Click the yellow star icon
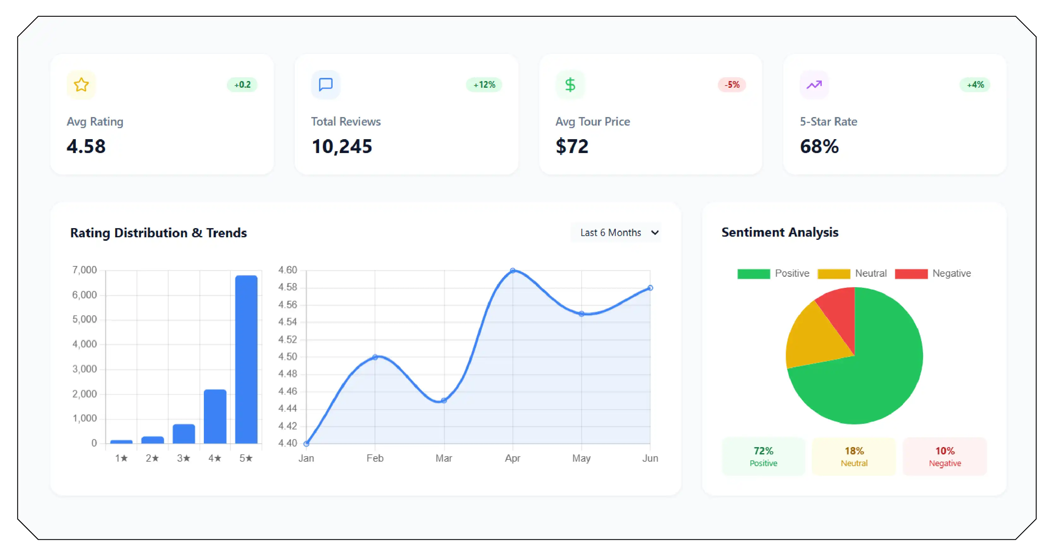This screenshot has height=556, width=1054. point(81,85)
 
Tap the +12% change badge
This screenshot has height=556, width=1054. point(484,85)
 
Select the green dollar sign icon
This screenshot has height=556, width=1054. point(570,85)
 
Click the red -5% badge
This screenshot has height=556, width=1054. point(732,85)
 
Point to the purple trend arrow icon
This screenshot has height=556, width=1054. point(814,85)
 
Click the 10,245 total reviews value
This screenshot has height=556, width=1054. point(342,146)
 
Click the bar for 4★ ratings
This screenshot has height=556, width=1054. point(215,416)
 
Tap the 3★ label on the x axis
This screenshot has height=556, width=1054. point(184,458)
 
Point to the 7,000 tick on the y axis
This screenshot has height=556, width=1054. point(84,270)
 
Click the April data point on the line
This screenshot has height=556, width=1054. point(513,270)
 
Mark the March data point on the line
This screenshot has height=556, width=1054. point(444,400)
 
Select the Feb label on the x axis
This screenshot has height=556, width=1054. point(375,458)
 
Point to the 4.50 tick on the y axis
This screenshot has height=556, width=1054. point(287,357)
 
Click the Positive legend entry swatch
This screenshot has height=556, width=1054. point(753,274)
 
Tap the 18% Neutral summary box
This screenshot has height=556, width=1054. point(854,456)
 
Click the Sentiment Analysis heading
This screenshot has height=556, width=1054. point(780,232)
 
